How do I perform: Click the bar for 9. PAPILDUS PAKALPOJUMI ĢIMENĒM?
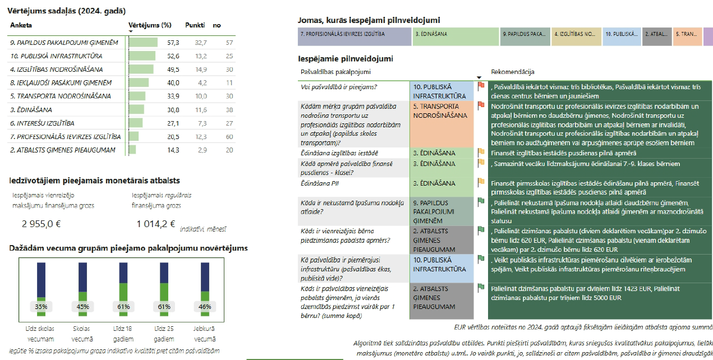click(143, 43)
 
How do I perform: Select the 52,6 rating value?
click(173, 56)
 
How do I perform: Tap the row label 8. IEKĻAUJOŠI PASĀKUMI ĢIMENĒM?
click(61, 83)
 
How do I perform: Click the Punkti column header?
click(194, 25)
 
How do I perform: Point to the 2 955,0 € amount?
click(41, 224)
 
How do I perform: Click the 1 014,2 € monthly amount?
click(157, 224)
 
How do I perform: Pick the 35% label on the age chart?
click(41, 307)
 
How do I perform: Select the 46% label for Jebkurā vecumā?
click(205, 307)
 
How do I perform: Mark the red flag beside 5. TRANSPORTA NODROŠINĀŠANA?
click(481, 106)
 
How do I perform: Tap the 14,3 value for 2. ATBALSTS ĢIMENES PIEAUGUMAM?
click(173, 150)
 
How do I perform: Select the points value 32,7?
click(200, 43)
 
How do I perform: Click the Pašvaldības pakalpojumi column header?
click(335, 72)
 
